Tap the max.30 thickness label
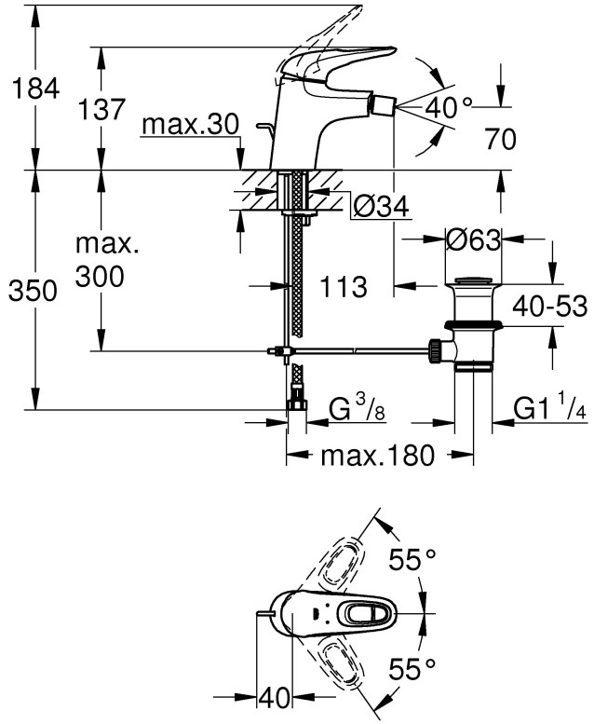click(191, 124)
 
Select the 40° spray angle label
click(450, 107)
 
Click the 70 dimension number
click(501, 141)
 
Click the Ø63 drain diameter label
click(474, 239)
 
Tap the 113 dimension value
click(343, 287)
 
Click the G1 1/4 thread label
click(550, 408)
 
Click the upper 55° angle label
click(412, 559)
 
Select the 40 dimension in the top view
click(275, 696)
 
